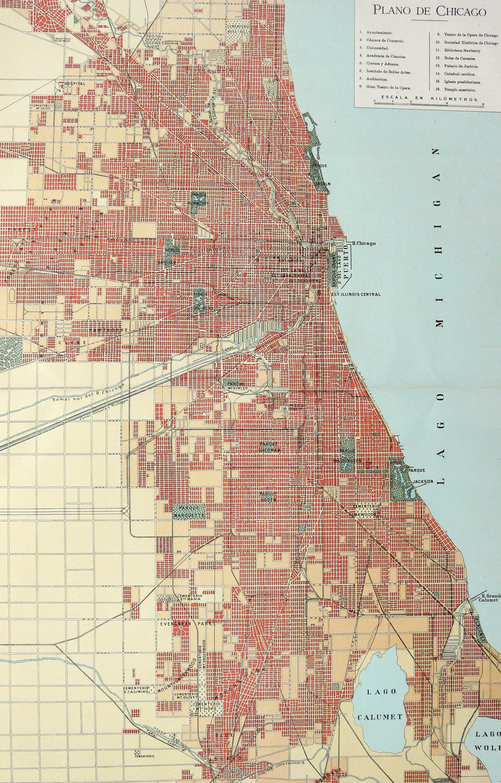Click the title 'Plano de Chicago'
429,11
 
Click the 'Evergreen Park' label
186,624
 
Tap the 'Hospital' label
74,84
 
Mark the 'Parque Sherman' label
269,447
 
